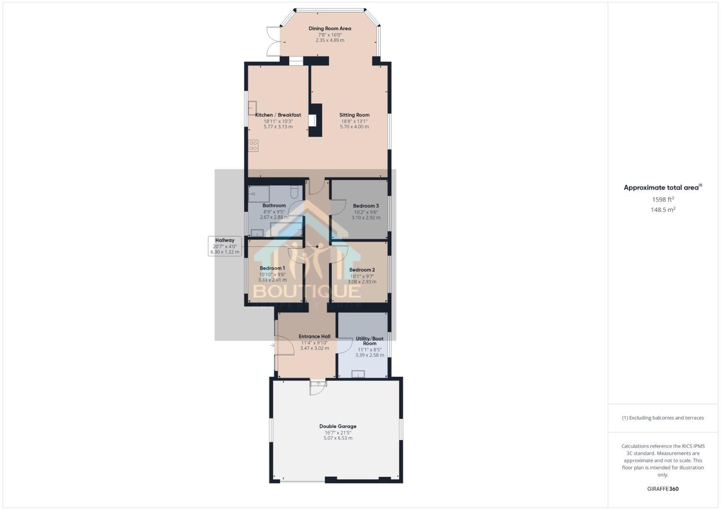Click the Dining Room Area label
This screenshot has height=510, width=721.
[x=330, y=28]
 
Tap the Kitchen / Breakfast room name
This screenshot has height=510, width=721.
[x=278, y=115]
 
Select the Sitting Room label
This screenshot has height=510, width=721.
[x=354, y=115]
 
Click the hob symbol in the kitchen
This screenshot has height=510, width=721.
[x=254, y=145]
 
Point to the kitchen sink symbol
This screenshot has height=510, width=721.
[x=252, y=108]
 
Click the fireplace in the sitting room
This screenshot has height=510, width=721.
[x=313, y=120]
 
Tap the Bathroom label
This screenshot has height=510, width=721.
[x=274, y=205]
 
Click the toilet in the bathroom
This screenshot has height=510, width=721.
[x=294, y=191]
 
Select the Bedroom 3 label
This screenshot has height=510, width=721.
[x=365, y=206]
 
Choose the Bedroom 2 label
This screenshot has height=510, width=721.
[x=362, y=270]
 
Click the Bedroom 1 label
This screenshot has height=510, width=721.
[x=272, y=268]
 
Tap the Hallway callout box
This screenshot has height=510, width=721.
[x=225, y=246]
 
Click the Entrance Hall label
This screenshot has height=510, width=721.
[x=314, y=337]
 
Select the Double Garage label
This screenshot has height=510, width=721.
[x=338, y=426]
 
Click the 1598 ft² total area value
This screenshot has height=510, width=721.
[x=662, y=200]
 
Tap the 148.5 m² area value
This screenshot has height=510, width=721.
[x=662, y=210]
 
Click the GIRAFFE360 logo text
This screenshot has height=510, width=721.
[x=662, y=489]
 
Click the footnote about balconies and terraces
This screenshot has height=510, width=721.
[x=662, y=418]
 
